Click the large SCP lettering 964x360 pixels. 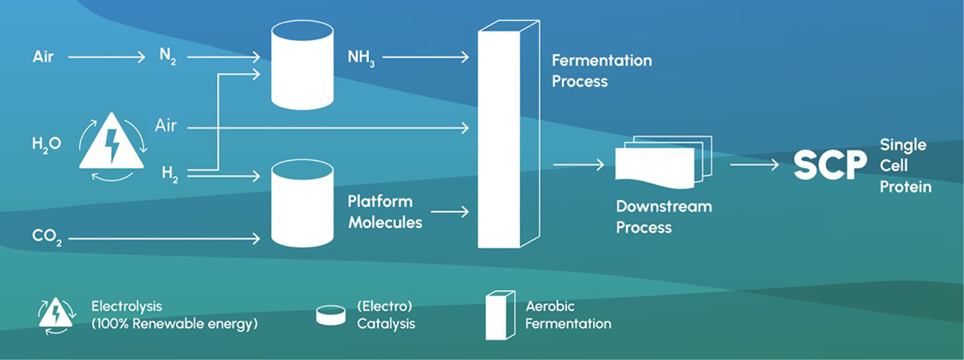pyautogui.click(x=830, y=165)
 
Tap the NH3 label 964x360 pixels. pyautogui.click(x=361, y=59)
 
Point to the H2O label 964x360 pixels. pyautogui.click(x=47, y=144)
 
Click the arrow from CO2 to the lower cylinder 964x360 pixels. pyautogui.click(x=164, y=238)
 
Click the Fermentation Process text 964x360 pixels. pyautogui.click(x=601, y=71)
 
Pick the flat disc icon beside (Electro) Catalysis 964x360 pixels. pyautogui.click(x=330, y=315)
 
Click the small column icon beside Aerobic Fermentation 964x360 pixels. pyautogui.click(x=499, y=315)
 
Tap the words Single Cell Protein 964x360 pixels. pyautogui.click(x=904, y=165)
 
